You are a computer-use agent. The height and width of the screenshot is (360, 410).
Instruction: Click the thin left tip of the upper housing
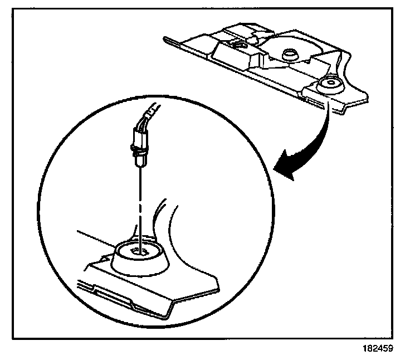click(x=167, y=39)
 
